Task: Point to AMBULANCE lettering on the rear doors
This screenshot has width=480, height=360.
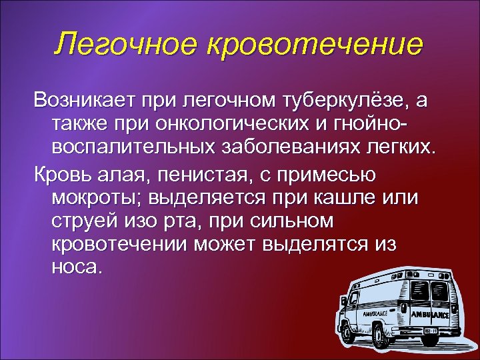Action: pyautogui.click(x=429, y=313)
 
